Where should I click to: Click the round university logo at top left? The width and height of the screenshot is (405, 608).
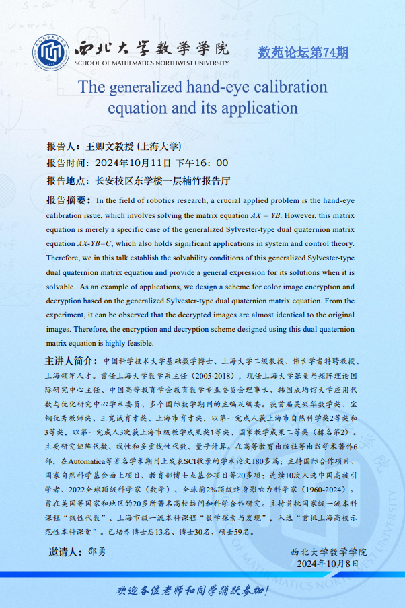click(x=53, y=52)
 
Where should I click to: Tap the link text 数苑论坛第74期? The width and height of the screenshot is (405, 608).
click(x=303, y=53)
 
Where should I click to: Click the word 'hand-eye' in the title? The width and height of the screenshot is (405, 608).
click(x=222, y=87)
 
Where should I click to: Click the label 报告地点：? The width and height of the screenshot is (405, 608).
click(x=68, y=181)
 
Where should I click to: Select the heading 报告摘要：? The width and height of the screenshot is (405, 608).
click(x=68, y=200)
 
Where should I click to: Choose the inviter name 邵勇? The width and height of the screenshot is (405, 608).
click(x=97, y=552)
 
